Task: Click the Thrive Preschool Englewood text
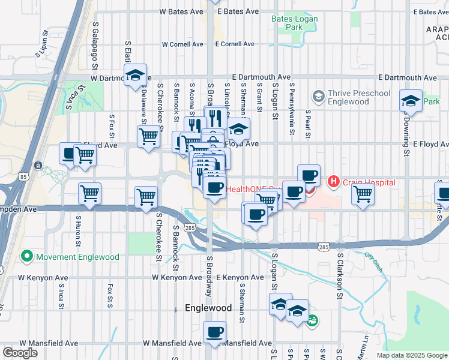point(359,97)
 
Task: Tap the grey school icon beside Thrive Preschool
point(318,96)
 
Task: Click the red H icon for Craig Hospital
point(332,181)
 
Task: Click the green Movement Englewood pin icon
point(26,257)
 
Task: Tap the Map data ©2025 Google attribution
point(412,355)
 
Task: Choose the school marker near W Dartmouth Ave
point(136,76)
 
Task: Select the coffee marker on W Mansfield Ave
point(214,332)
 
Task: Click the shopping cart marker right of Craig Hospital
point(363,195)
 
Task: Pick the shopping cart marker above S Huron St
point(90,194)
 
